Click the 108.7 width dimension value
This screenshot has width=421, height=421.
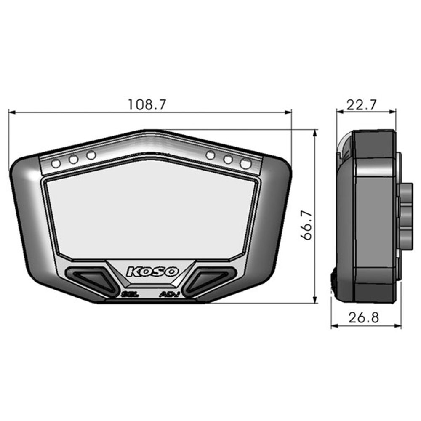[147, 104]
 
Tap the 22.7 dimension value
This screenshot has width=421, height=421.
[362, 104]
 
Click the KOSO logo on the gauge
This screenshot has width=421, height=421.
[152, 272]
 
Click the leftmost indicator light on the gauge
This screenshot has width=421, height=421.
[56, 163]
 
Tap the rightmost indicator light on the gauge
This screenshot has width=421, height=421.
[245, 163]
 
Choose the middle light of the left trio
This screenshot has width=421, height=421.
[74, 159]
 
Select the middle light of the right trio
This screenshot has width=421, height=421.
[228, 159]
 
